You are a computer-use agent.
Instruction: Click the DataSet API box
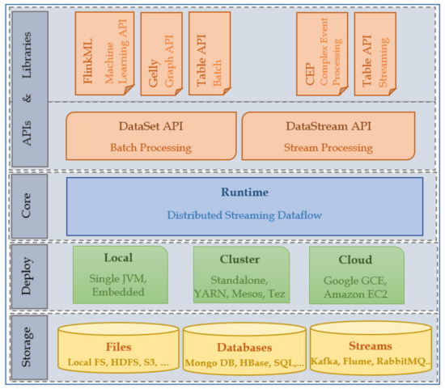click(x=150, y=137)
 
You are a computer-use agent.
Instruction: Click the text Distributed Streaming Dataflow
click(x=244, y=215)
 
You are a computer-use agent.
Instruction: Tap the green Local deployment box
click(x=121, y=275)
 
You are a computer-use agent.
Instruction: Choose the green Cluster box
click(x=240, y=275)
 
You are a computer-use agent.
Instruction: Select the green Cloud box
click(x=357, y=275)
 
